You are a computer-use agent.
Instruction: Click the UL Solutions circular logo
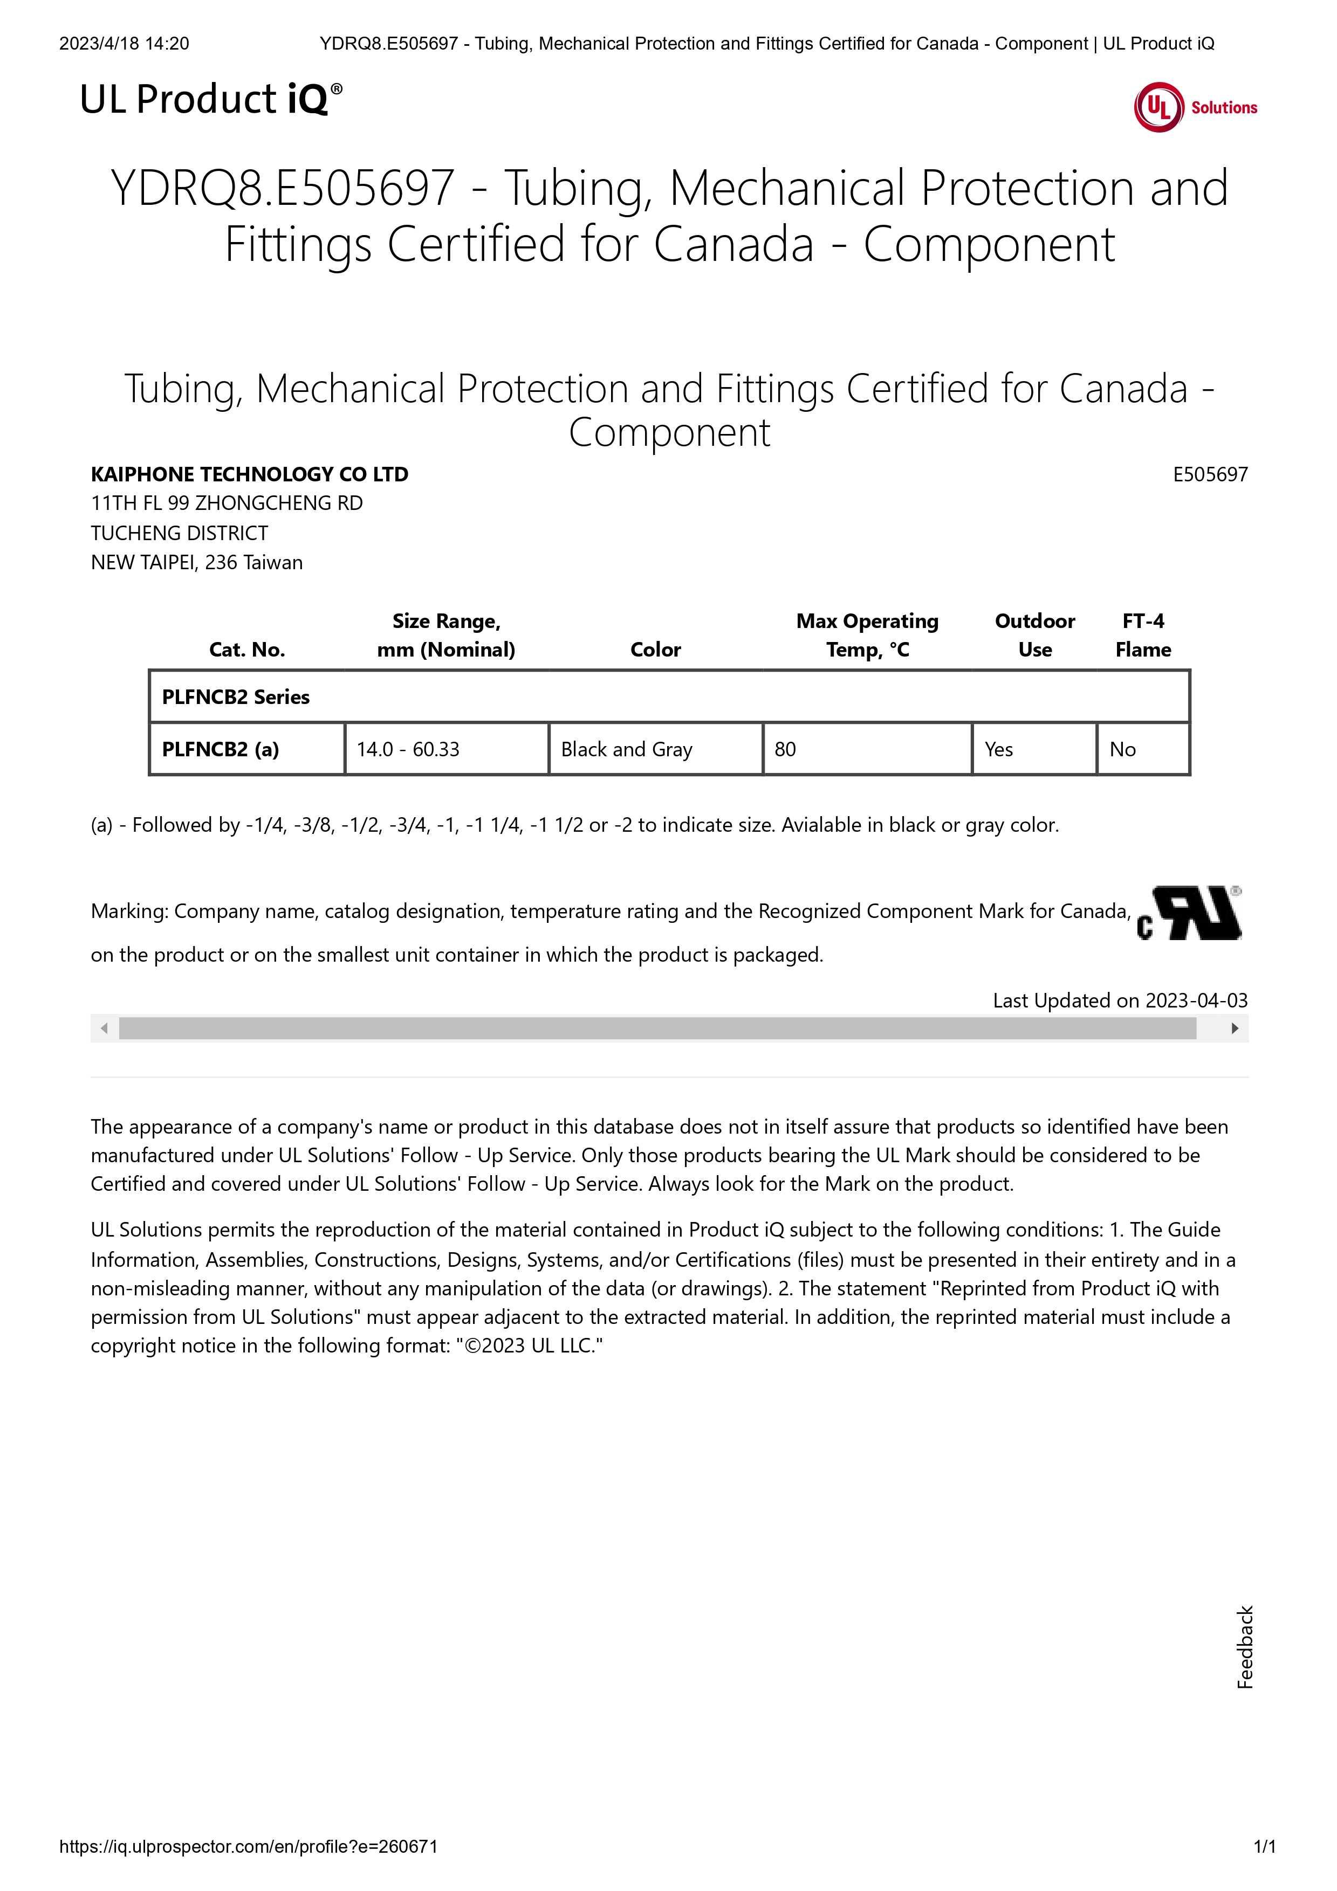[x=1159, y=107]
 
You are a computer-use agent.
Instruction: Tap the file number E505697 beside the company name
[x=1209, y=474]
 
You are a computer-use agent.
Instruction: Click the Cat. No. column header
[x=247, y=649]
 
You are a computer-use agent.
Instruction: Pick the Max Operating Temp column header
[x=867, y=635]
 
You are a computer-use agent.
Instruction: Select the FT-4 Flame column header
[x=1143, y=635]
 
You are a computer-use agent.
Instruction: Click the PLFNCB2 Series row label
[x=236, y=697]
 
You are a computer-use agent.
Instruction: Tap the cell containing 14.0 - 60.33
[x=408, y=749]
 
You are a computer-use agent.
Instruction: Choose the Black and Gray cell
[x=626, y=749]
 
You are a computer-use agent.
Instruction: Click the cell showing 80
[x=785, y=749]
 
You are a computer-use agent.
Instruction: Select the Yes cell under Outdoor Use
[x=998, y=749]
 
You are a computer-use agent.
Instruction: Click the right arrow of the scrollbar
[x=1234, y=1028]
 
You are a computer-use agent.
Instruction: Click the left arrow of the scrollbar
[x=104, y=1028]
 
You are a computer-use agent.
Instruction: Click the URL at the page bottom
[x=248, y=1846]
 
